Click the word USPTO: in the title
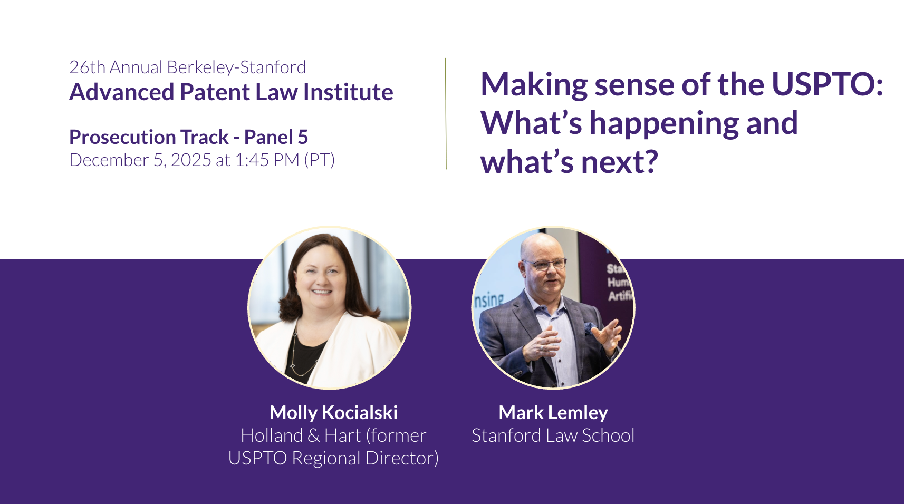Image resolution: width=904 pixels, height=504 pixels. tap(828, 85)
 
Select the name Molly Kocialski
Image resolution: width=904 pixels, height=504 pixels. tap(333, 412)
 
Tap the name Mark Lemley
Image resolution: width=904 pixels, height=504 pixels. tap(553, 412)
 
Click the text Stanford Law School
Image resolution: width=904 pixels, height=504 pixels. tap(553, 435)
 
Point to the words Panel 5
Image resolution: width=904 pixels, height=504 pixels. tap(276, 137)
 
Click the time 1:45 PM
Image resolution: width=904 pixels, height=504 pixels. tap(267, 160)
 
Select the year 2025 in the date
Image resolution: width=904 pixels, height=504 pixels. tap(191, 160)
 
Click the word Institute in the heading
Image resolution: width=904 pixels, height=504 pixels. tap(348, 92)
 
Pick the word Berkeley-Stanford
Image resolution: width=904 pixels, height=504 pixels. tap(236, 67)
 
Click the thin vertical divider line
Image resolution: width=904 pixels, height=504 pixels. tap(446, 114)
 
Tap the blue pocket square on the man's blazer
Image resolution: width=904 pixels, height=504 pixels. tap(590, 328)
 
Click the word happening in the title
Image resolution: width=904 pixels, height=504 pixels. tap(664, 123)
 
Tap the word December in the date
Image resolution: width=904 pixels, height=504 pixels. tap(109, 160)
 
